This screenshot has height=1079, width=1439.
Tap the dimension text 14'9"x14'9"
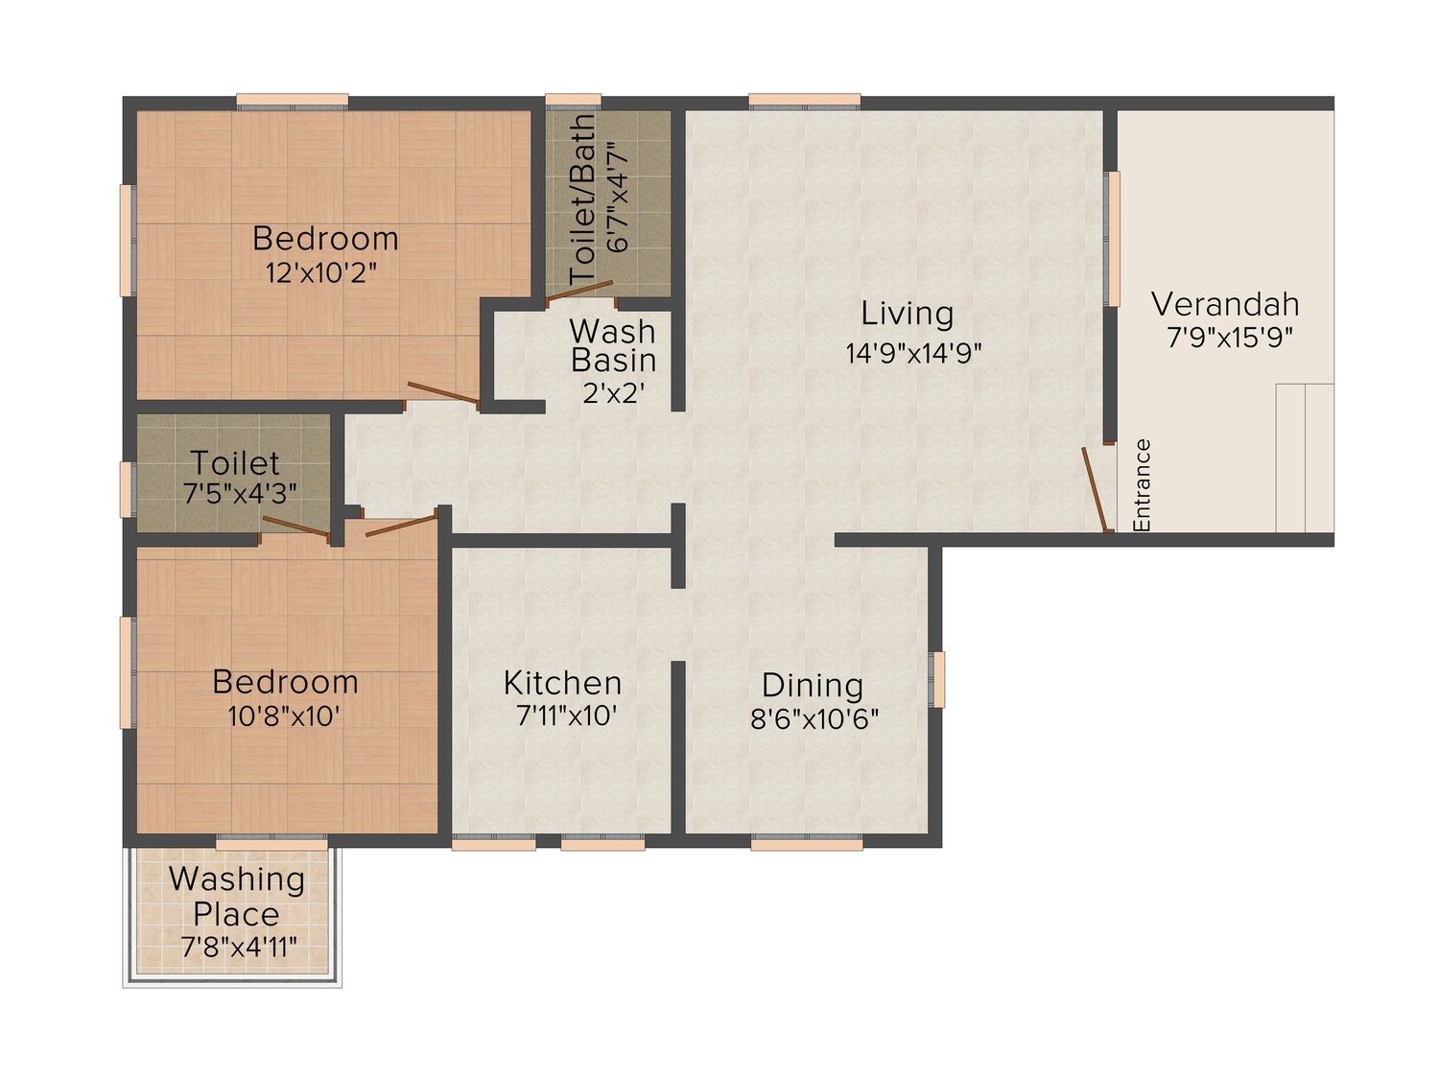(x=913, y=353)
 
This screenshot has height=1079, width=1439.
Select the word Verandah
(x=1225, y=304)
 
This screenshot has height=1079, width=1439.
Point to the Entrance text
(x=1142, y=484)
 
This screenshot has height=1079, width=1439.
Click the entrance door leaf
(x=1095, y=489)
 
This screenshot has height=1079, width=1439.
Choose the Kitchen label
(x=562, y=683)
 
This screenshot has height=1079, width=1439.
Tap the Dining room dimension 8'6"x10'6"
(x=814, y=720)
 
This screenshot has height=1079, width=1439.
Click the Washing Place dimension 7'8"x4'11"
(x=239, y=947)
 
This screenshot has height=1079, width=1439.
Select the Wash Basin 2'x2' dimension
(x=614, y=392)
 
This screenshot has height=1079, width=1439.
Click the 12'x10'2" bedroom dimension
(x=322, y=272)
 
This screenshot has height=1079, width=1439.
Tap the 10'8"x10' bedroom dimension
(x=284, y=716)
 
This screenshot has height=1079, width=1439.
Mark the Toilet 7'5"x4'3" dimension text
(x=240, y=493)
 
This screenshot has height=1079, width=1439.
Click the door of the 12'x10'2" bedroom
(x=443, y=392)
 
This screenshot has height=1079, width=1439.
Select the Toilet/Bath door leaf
(x=578, y=291)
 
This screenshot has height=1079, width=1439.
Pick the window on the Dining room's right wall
(x=939, y=679)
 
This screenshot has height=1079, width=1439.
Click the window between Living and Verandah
(x=1113, y=239)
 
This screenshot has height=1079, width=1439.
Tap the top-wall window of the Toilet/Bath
(x=573, y=100)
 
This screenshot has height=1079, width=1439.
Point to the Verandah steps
(x=1305, y=457)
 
